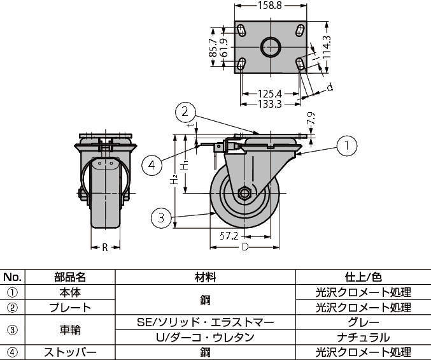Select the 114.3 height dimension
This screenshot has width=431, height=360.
tap(325, 47)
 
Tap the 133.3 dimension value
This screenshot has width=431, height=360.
tap(270, 104)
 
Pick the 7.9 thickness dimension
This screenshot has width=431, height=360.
tap(310, 119)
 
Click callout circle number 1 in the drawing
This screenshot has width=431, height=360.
tap(346, 145)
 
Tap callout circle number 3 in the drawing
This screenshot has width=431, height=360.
tap(162, 218)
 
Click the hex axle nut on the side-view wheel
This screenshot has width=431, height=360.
tap(243, 194)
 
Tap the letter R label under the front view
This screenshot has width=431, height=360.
tap(104, 247)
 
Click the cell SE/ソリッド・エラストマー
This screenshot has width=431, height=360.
tap(205, 322)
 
